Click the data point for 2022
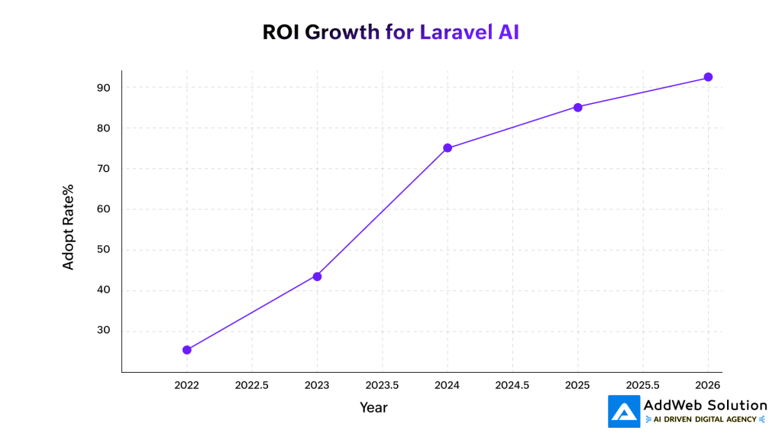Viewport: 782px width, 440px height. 187,350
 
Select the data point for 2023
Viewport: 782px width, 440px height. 317,277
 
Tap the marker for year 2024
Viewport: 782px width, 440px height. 448,148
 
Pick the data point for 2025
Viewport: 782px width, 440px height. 578,108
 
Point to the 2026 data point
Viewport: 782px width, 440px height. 708,77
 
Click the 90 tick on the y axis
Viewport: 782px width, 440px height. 104,88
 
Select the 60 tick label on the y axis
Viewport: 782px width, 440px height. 104,209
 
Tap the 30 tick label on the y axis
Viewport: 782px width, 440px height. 104,331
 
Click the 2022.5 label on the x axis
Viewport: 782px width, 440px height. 252,386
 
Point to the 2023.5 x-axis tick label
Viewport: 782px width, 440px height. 382,386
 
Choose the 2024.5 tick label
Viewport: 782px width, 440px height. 512,386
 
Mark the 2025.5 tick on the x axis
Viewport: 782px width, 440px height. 643,386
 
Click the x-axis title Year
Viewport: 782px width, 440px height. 373,408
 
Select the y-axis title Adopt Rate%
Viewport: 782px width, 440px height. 69,226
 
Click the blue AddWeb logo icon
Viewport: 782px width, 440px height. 624,411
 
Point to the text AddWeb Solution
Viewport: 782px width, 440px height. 706,405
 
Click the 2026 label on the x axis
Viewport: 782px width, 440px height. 708,386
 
